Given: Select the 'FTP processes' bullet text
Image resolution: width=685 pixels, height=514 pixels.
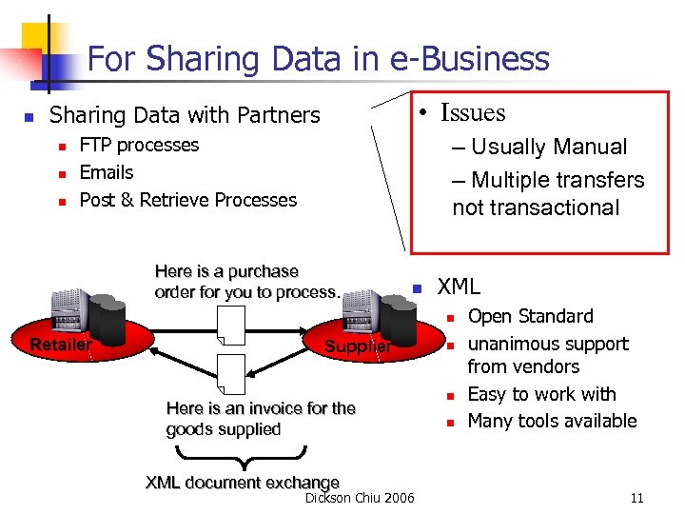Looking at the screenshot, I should [x=139, y=145].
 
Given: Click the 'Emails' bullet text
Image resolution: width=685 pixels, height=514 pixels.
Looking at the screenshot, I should [x=107, y=172].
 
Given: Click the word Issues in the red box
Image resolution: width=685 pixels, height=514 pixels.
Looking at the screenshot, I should [x=473, y=112].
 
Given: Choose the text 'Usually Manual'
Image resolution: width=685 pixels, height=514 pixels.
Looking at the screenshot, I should [x=549, y=148].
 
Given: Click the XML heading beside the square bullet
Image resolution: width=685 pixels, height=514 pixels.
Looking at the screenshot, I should [x=459, y=286].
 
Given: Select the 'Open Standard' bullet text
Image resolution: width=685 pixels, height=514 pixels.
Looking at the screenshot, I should [x=530, y=316].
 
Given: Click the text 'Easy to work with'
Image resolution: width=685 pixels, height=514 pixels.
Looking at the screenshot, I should [x=542, y=394].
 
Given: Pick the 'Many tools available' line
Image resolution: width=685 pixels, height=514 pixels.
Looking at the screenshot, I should [x=552, y=421].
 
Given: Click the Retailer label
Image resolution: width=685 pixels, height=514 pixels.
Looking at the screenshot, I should [x=61, y=345].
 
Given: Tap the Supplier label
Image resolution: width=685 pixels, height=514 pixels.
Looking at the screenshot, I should [x=358, y=346].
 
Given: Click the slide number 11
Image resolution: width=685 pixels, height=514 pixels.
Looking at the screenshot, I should [x=636, y=498].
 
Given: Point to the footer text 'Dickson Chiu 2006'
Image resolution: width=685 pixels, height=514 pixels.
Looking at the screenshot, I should [x=360, y=498].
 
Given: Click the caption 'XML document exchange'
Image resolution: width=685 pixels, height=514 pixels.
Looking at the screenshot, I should [x=243, y=483].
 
